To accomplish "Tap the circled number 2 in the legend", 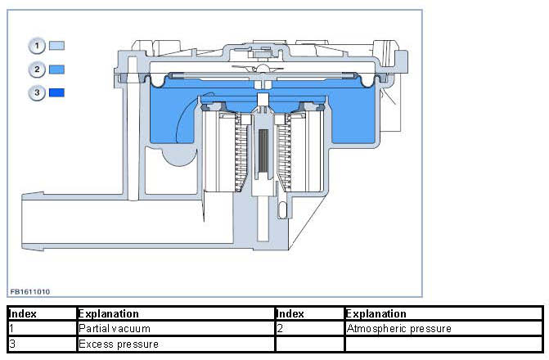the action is (37, 70).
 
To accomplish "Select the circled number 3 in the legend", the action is (37, 93).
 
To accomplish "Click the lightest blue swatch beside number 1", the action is (56, 46).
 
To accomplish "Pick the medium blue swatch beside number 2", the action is (56, 70).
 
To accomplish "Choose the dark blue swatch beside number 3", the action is (56, 93).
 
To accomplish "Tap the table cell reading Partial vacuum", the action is (114, 329).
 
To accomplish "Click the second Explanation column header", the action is (376, 313).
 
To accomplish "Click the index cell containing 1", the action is (13, 329).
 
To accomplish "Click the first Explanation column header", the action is (108, 313).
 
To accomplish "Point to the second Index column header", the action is (290, 313).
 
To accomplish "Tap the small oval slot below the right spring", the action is (282, 211).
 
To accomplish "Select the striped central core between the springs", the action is (263, 152).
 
